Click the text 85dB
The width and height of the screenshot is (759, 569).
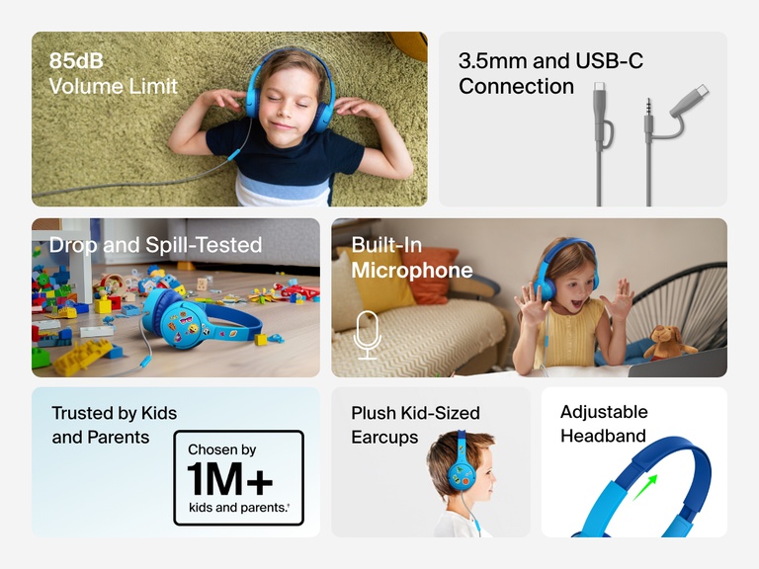76,61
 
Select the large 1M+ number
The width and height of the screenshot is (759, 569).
229,479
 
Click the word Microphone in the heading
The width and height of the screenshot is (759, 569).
412,270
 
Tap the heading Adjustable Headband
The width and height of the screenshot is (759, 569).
604,424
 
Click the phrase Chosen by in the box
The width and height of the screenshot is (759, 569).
221,449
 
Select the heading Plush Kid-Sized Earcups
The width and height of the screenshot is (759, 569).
415,425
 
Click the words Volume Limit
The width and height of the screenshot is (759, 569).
114,86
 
